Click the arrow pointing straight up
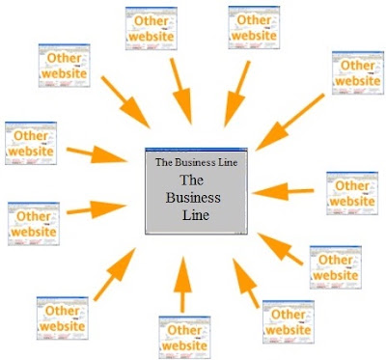182,285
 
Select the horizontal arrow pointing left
283,192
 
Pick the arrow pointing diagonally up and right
115,274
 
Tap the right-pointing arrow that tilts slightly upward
96,209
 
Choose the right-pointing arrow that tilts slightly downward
96,154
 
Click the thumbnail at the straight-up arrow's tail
184,338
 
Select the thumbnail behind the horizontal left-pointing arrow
352,193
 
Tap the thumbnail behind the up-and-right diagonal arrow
63,318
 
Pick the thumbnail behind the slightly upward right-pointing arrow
34,224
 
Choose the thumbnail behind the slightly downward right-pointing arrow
31,143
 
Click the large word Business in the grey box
193,198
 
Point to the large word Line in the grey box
196,214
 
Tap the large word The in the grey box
192,180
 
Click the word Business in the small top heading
195,162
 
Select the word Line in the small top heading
228,162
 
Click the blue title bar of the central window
196,150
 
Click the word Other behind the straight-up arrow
184,330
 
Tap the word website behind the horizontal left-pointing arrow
352,202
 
